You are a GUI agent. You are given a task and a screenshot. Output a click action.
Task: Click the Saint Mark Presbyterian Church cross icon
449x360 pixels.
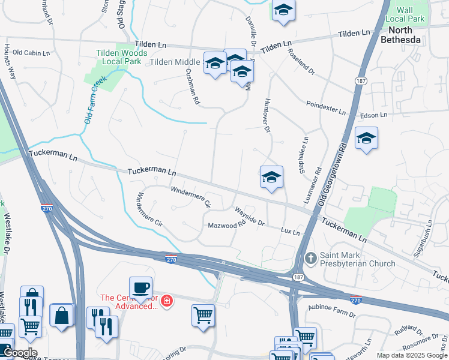[x=310, y=258]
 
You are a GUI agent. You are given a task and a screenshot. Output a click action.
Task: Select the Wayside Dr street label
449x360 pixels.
[x=250, y=216]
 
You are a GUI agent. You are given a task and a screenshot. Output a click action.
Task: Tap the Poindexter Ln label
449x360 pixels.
[x=326, y=107]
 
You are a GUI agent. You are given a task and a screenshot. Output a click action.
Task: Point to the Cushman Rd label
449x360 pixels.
[x=191, y=86]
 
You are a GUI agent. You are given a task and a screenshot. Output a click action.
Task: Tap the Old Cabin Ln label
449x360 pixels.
[x=31, y=53]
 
